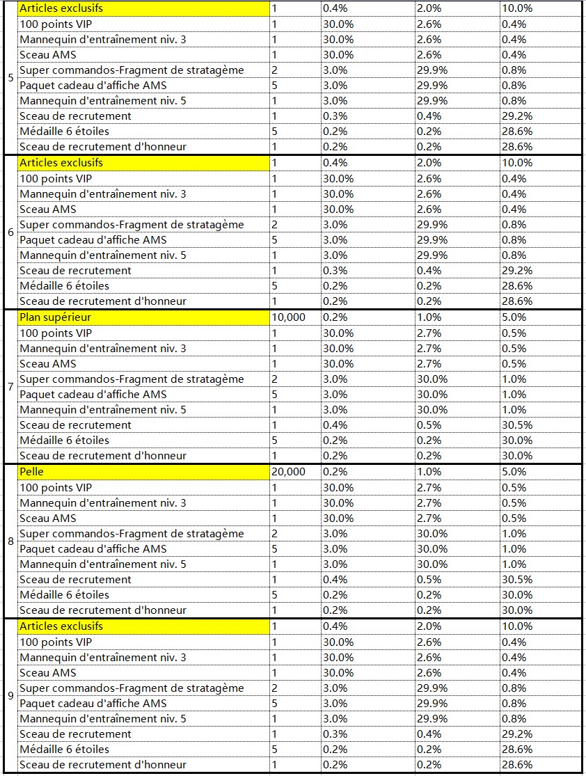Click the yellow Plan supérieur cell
[x=144, y=317]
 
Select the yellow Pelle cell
[x=144, y=472]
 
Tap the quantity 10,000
[x=289, y=317]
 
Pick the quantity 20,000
[x=289, y=472]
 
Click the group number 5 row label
[x=10, y=78]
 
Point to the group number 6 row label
[x=10, y=232]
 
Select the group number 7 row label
[x=10, y=386]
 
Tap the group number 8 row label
[x=10, y=541]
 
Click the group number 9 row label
[x=10, y=695]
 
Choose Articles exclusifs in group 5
[x=61, y=8]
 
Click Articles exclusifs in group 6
[x=61, y=163]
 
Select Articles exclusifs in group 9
[x=61, y=626]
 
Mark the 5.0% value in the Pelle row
[x=514, y=472]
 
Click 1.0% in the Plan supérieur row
[x=429, y=317]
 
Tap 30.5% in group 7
[x=517, y=425]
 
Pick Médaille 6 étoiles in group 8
[x=64, y=595]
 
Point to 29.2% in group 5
[x=517, y=116]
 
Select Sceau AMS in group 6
[x=48, y=209]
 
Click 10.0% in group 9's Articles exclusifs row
[x=517, y=626]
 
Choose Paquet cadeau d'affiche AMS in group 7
[x=93, y=395]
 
